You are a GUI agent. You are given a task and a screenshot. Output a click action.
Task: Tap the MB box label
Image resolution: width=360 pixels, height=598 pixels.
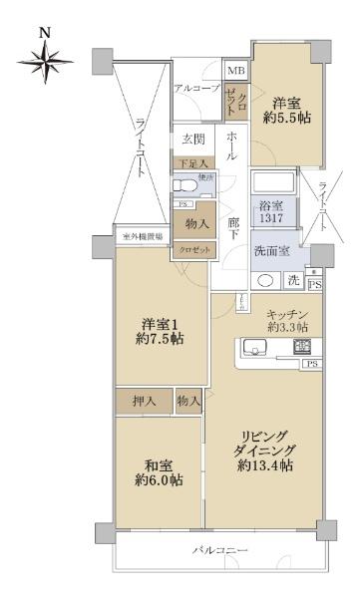coord(236,71)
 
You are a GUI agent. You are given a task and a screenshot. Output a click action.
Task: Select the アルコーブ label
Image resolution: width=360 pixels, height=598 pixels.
coord(196,90)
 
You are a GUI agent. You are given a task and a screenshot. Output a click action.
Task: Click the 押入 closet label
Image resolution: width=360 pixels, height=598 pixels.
coord(145,401)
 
